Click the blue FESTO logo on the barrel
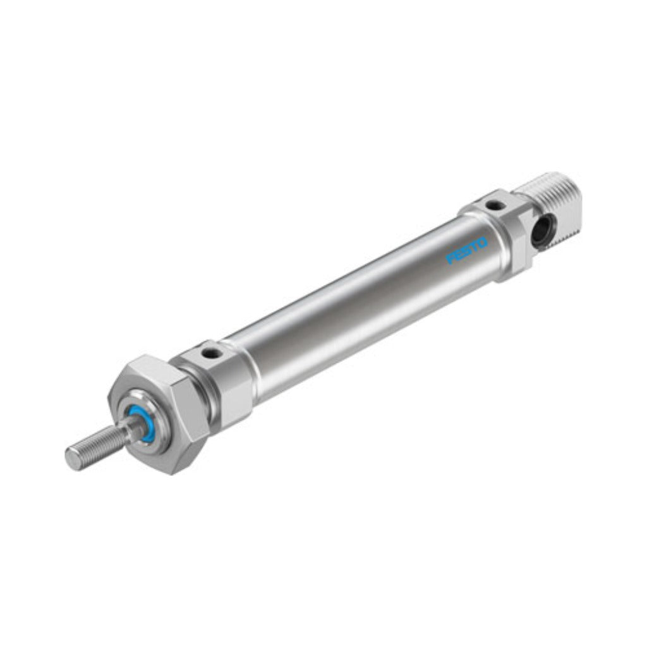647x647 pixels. tap(467, 250)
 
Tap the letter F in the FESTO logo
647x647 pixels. tap(450, 258)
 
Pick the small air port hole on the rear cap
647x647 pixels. tap(493, 204)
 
